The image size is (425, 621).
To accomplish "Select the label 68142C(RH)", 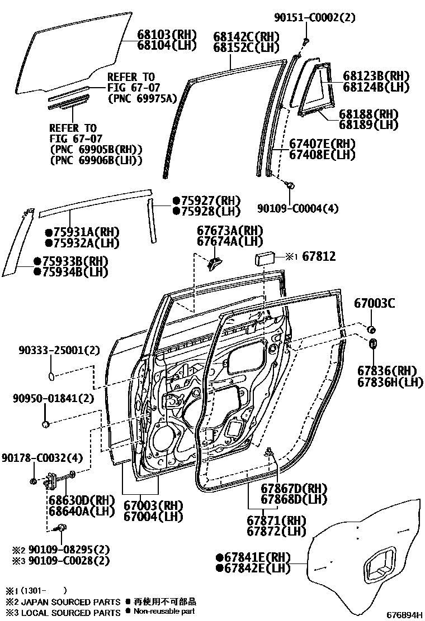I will (x=247, y=37).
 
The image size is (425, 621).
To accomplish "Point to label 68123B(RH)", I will (x=376, y=76).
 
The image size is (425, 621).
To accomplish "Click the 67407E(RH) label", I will (x=322, y=144).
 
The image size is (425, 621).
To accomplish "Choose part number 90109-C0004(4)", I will (x=298, y=209).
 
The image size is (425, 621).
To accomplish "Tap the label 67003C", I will (x=375, y=303).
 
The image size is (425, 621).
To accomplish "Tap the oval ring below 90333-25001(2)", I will (x=51, y=376).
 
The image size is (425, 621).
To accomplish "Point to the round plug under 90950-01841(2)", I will (x=46, y=424).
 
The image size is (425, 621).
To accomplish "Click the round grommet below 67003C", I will (x=371, y=328).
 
